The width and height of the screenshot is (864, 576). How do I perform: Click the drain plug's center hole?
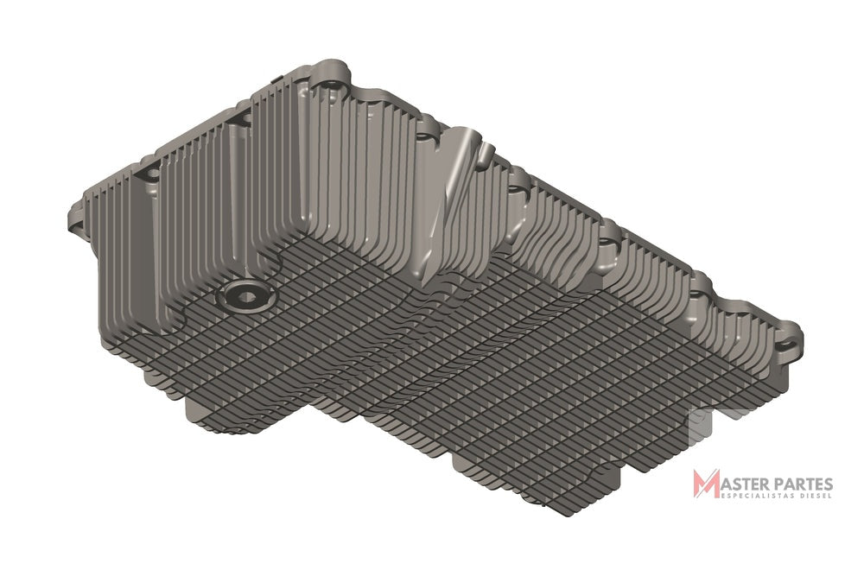point(246,297)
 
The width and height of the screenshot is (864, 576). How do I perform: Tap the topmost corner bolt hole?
point(333,85)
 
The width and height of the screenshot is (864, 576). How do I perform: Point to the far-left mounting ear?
point(77,218)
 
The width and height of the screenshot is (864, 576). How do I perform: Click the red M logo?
point(706,484)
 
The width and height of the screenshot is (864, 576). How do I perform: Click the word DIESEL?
point(811,496)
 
